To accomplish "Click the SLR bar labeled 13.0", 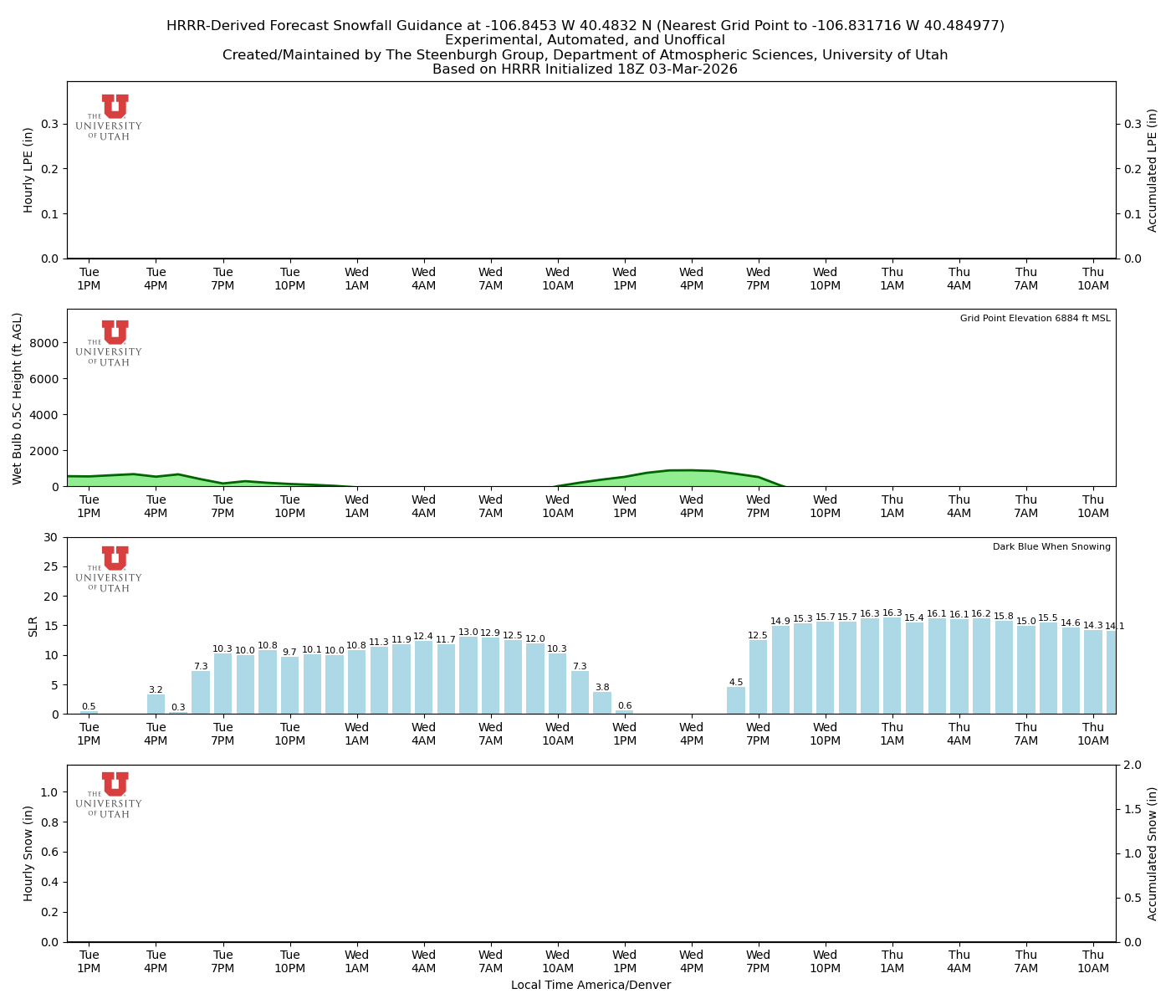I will (x=468, y=676).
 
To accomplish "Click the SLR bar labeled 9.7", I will (x=289, y=685).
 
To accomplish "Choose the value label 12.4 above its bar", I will (x=423, y=637).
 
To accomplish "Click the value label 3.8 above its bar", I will (x=602, y=688).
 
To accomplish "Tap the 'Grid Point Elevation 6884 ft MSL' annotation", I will (x=1035, y=319).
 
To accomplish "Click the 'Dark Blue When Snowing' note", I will (x=1051, y=547).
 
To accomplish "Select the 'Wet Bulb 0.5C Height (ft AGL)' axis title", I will (x=18, y=398).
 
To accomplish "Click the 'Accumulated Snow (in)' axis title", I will (x=1153, y=853).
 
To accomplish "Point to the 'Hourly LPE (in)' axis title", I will (x=28, y=170).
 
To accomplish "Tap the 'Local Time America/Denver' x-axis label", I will (x=591, y=986).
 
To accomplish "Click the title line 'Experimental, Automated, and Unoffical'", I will (x=585, y=40).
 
